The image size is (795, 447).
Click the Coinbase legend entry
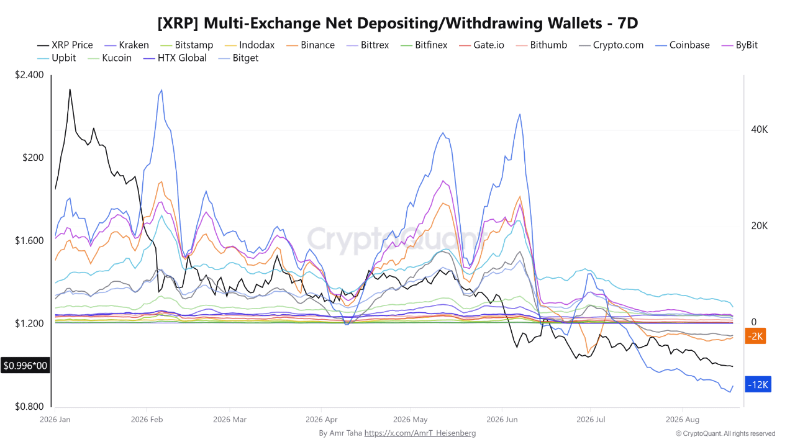point(682,45)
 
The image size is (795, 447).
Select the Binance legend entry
point(310,45)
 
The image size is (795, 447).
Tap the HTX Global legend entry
point(175,58)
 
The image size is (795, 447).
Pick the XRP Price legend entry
point(65,45)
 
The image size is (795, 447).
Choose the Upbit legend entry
point(57,58)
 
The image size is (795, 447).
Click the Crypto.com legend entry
point(611,45)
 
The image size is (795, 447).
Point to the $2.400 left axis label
point(29,75)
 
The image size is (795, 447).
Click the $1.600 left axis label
point(29,240)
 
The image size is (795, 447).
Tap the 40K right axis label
point(759,130)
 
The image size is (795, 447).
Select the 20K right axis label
point(759,225)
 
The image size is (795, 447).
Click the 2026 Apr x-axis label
point(322,420)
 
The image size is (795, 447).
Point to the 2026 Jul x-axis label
point(591,420)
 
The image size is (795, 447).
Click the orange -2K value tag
point(755,336)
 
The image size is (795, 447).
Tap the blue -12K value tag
point(758,384)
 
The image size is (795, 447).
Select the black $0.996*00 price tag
point(25,366)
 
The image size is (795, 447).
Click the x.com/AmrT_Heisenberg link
point(420,433)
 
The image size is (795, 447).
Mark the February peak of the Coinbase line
point(162,90)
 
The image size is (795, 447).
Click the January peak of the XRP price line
point(70,89)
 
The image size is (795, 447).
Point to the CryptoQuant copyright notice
point(725,433)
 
